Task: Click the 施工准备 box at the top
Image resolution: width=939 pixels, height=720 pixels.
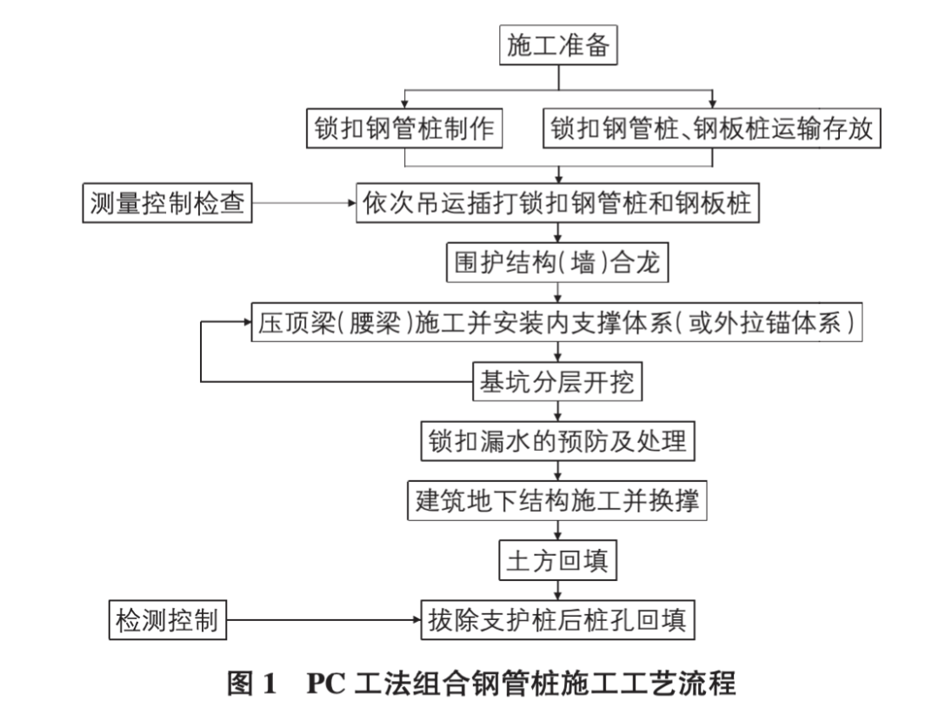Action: coord(558,45)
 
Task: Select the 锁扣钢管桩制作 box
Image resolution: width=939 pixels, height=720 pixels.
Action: coord(404,128)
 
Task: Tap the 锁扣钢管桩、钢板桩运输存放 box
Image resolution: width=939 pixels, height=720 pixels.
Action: coord(711,128)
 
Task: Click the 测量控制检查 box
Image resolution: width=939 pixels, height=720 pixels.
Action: coord(167,203)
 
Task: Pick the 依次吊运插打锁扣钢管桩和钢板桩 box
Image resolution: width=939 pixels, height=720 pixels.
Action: coord(557,203)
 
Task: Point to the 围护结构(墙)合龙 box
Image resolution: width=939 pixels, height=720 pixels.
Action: coord(557,262)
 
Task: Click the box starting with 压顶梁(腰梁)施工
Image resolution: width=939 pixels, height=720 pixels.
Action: coord(556,322)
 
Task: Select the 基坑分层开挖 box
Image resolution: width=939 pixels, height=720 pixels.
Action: coord(557,381)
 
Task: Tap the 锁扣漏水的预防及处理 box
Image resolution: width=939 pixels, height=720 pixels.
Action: coord(557,441)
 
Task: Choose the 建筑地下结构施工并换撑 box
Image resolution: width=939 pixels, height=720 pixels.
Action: coord(557,500)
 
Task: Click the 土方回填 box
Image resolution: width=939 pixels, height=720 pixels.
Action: coord(557,560)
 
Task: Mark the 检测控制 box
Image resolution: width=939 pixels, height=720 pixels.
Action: coord(168,620)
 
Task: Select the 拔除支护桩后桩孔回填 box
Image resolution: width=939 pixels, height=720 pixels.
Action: coord(557,620)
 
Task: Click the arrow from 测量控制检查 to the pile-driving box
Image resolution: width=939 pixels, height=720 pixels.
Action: coord(304,203)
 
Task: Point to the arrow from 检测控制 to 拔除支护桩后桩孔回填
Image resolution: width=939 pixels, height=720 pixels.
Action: coord(323,620)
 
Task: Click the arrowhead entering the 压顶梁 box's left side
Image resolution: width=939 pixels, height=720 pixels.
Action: coord(247,322)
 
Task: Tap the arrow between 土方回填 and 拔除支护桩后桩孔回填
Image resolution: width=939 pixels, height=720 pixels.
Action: coord(557,591)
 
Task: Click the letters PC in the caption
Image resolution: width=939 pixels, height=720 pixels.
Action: coord(326,684)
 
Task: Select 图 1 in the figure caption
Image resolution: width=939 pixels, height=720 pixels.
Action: coord(251,684)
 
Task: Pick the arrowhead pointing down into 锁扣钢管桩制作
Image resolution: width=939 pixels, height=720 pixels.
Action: coord(404,104)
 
